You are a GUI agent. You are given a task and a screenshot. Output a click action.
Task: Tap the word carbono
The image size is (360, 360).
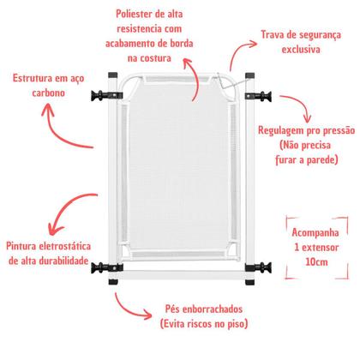[x=49, y=93]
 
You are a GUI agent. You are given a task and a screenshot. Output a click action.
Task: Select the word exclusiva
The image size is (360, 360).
[x=301, y=50]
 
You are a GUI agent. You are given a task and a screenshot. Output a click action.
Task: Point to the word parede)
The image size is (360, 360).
[x=322, y=159]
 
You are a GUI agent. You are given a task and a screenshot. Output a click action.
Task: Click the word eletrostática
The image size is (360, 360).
[x=64, y=246]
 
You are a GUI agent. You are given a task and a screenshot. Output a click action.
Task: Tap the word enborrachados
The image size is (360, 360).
[x=213, y=309]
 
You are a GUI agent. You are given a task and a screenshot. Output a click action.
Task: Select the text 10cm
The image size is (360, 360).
[x=316, y=262]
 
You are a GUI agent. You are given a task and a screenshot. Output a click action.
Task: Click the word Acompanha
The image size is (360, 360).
[x=315, y=232]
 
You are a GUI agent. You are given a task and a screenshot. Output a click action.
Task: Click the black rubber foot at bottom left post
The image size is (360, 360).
[x=113, y=282]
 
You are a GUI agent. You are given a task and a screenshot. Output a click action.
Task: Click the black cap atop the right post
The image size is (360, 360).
[x=249, y=75]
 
